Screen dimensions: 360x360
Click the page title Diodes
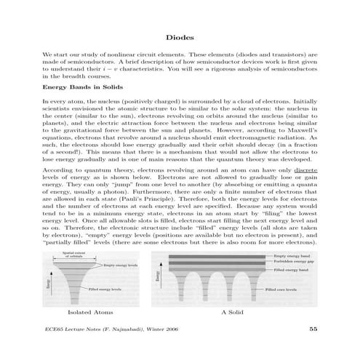180,36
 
